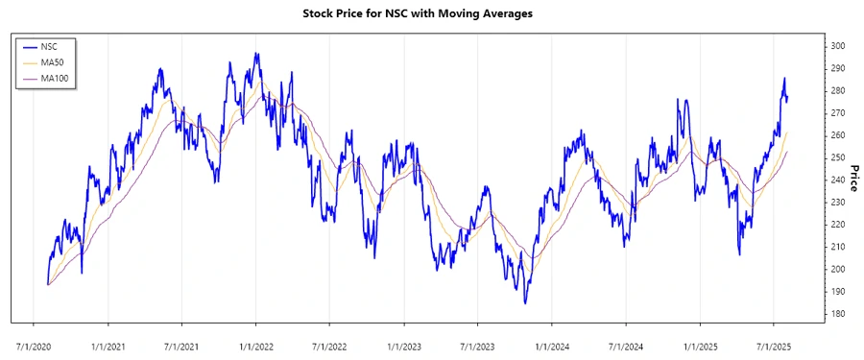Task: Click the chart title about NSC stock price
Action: [x=431, y=13]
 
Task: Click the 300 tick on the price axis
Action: [x=838, y=46]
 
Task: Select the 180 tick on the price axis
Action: [x=838, y=314]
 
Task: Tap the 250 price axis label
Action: [x=838, y=157]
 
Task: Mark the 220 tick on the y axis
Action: [x=838, y=225]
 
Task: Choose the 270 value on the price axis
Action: [x=838, y=113]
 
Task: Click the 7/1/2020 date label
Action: [x=34, y=343]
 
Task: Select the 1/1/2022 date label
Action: [x=255, y=343]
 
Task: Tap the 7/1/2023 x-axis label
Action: [x=477, y=343]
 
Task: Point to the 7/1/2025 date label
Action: [x=774, y=343]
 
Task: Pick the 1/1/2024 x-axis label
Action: [x=552, y=343]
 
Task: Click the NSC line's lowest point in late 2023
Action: [x=525, y=303]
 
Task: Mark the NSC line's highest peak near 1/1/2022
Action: [x=256, y=54]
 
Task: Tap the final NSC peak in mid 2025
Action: [x=784, y=79]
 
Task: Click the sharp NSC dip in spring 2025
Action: [x=739, y=253]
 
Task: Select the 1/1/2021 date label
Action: [x=108, y=343]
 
